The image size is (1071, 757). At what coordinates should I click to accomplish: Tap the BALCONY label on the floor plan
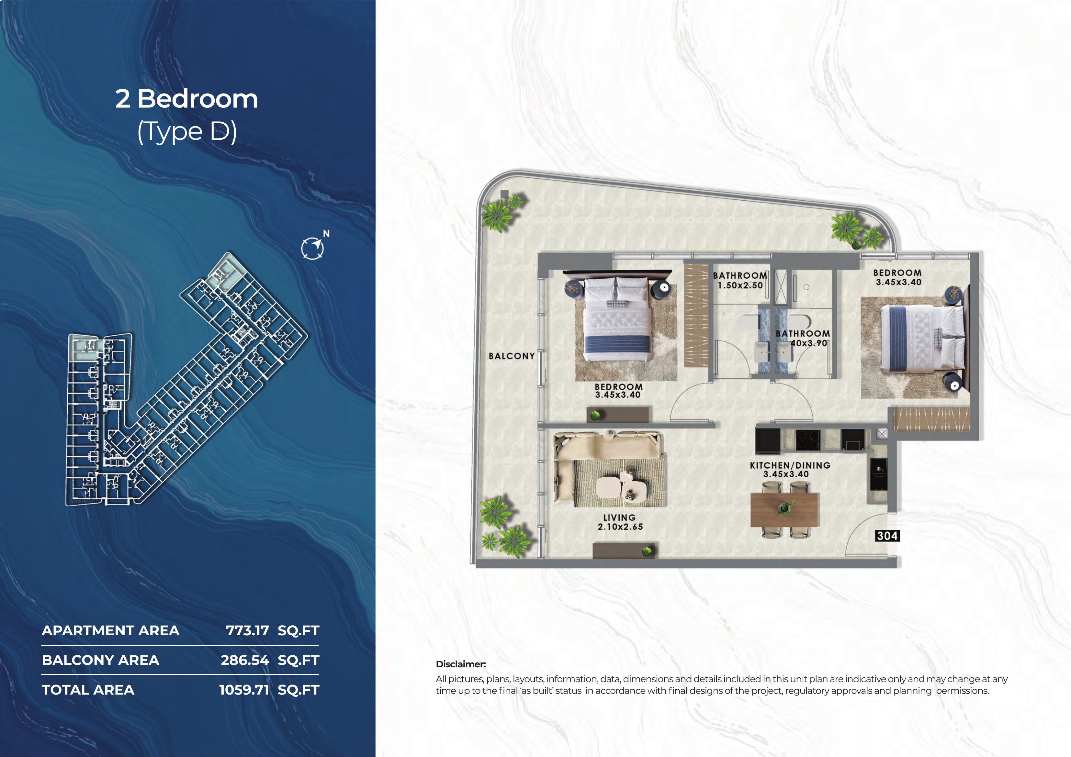pos(512,356)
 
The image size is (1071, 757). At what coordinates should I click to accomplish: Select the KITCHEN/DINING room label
pos(790,465)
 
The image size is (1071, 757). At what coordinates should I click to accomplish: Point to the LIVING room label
pos(619,518)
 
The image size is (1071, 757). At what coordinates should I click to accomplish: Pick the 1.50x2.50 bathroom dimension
pos(740,285)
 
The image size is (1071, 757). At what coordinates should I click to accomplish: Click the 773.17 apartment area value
pos(247,630)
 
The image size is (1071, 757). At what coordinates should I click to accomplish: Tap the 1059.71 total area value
pos(244,690)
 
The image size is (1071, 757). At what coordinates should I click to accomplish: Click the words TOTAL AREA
pos(88,690)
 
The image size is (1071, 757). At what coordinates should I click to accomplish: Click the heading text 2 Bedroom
pos(186,99)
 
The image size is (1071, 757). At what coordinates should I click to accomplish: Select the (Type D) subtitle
pos(187,132)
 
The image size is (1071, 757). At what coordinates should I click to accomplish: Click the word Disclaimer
pos(461,664)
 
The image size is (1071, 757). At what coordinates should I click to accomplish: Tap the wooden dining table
pos(784,510)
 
